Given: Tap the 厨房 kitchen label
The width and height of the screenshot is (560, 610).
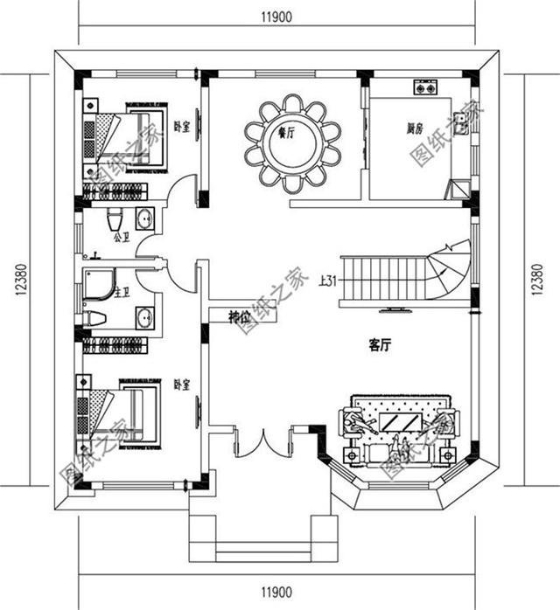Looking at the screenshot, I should tap(416, 128).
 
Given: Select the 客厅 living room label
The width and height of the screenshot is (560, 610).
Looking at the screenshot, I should tap(378, 346).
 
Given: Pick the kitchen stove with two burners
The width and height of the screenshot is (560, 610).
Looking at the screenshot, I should tap(426, 88).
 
